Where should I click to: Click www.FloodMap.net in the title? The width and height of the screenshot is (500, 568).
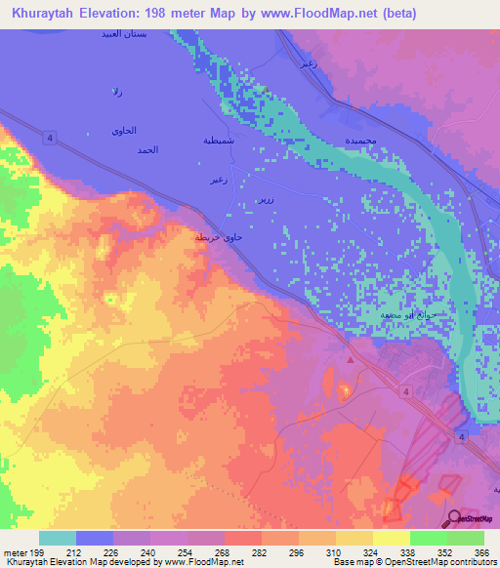(x=305, y=14)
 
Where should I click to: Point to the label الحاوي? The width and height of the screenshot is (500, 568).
(x=124, y=131)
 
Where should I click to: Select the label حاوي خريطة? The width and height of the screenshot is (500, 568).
(x=217, y=237)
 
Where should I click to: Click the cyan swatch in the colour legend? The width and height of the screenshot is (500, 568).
(x=58, y=538)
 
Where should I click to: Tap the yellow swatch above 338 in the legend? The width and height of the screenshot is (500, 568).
(x=391, y=538)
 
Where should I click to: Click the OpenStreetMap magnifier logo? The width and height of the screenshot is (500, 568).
(x=455, y=518)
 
